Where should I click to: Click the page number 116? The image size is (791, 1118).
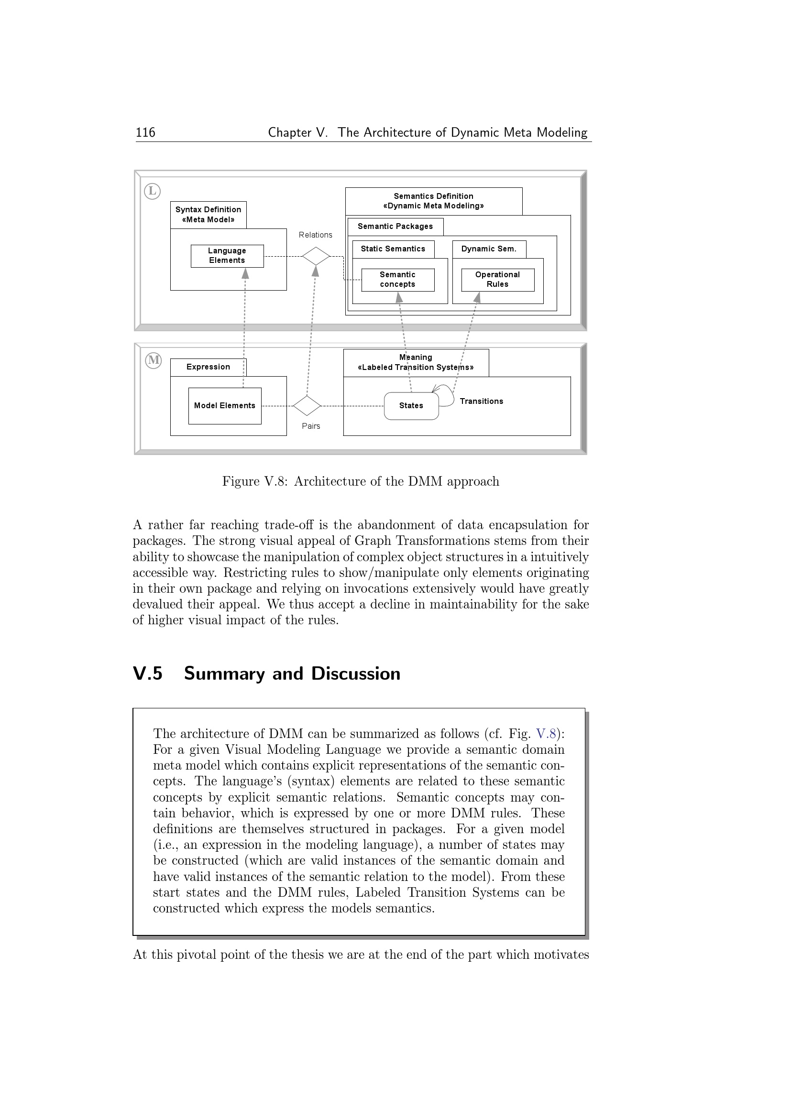click(x=145, y=132)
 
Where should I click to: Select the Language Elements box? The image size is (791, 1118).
click(x=227, y=256)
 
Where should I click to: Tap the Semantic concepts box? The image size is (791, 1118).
click(x=397, y=280)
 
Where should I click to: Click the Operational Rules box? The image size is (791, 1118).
click(x=497, y=280)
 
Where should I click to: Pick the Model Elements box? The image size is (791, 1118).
click(x=225, y=406)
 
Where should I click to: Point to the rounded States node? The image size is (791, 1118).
click(x=411, y=406)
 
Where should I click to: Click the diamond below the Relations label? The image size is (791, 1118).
click(x=316, y=256)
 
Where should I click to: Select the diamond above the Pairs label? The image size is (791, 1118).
click(x=307, y=406)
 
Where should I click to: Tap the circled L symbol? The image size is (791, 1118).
click(x=153, y=191)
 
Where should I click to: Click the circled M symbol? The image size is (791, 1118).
click(x=154, y=360)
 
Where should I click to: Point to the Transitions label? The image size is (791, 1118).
click(x=481, y=401)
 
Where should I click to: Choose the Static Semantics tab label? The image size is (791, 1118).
click(x=393, y=249)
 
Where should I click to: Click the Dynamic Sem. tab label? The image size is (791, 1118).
click(x=489, y=249)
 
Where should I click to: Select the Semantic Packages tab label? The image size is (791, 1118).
click(x=395, y=227)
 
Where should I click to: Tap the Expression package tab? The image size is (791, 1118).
click(x=208, y=367)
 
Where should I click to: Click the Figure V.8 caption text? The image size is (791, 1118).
click(x=361, y=482)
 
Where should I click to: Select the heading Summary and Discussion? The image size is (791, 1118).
click(x=292, y=673)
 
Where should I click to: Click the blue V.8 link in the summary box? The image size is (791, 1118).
click(x=546, y=734)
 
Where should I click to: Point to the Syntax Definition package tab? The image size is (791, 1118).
click(x=208, y=215)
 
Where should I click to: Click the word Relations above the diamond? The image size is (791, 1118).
click(x=316, y=235)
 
